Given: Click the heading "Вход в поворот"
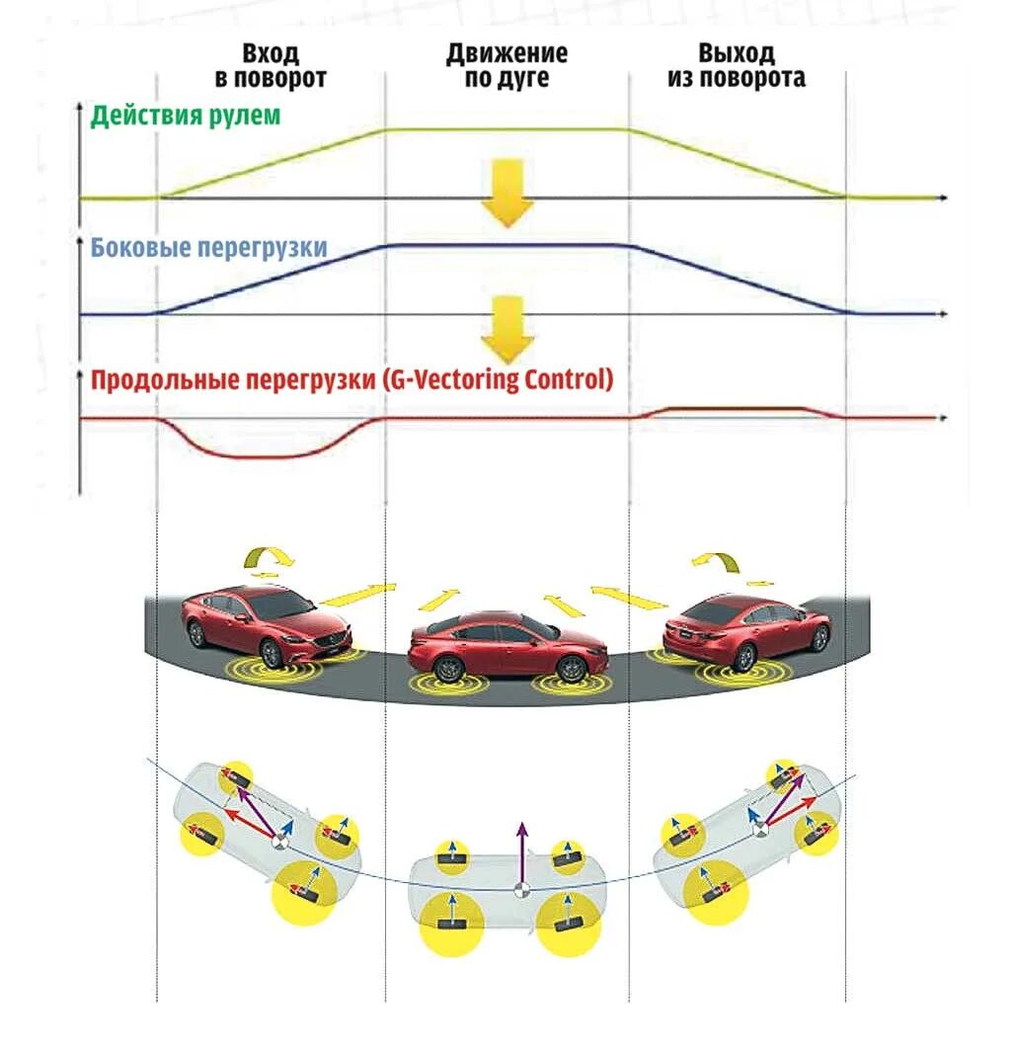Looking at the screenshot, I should (271, 65).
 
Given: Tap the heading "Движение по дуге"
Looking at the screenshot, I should (507, 65).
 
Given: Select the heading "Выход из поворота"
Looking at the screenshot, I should (736, 65).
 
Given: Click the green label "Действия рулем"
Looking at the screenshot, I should (186, 116).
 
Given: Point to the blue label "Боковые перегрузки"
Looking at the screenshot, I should (208, 247).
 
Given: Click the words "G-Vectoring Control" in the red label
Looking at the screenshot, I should (497, 378).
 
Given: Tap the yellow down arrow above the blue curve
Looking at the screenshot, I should (507, 195).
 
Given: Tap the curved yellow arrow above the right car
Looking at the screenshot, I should (719, 561).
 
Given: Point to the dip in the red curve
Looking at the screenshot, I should (262, 454).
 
